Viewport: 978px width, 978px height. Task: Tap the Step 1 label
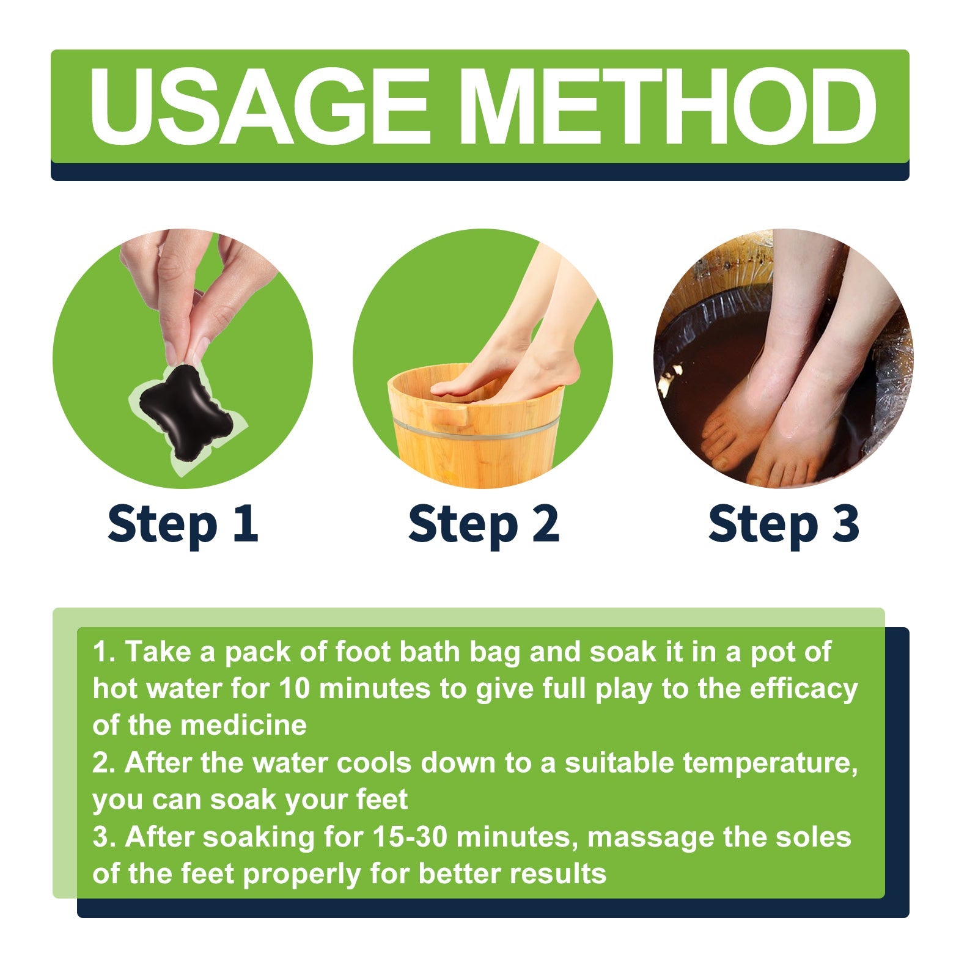182,524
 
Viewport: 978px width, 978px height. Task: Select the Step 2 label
483,524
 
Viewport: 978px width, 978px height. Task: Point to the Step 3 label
784,524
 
